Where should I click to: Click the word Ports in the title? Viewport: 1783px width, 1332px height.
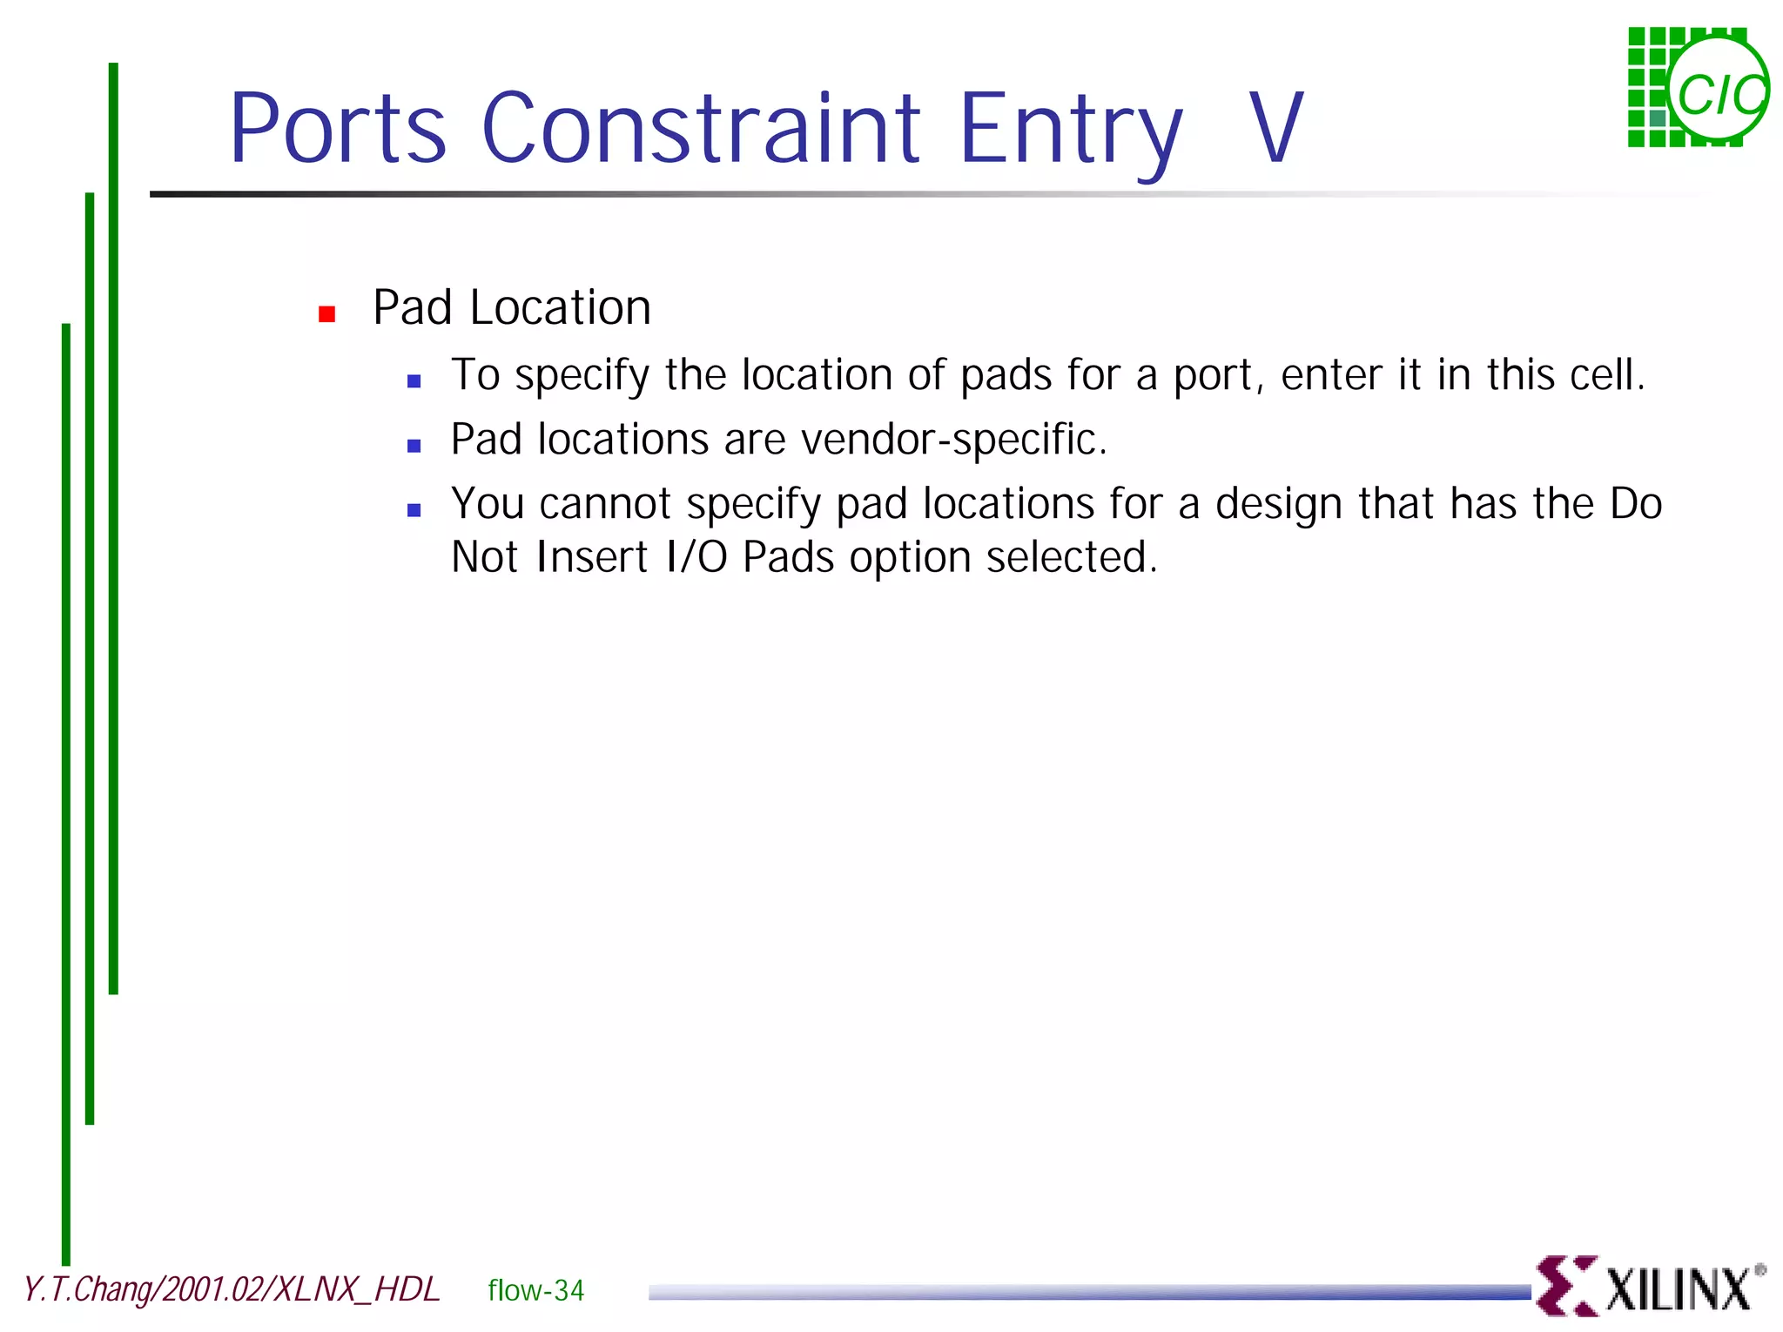(x=338, y=128)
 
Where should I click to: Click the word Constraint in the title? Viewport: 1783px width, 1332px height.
(x=701, y=128)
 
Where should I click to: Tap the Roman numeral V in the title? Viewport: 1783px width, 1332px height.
(x=1275, y=128)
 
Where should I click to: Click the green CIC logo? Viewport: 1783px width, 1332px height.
(x=1698, y=88)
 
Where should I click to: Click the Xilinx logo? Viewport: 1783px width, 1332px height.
(x=1650, y=1287)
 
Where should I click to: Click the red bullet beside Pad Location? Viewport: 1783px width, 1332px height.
(x=327, y=314)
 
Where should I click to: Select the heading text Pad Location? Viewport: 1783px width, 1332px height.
(x=512, y=307)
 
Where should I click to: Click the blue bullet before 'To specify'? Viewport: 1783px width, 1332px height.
(x=414, y=380)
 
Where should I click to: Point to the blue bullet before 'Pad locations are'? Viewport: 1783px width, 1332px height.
(x=414, y=446)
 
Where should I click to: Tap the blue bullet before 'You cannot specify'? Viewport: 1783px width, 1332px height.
(x=414, y=510)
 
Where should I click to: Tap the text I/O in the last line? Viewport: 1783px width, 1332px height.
(x=696, y=557)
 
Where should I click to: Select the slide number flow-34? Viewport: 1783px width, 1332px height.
(x=535, y=1290)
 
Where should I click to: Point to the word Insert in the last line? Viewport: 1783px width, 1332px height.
(x=592, y=557)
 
